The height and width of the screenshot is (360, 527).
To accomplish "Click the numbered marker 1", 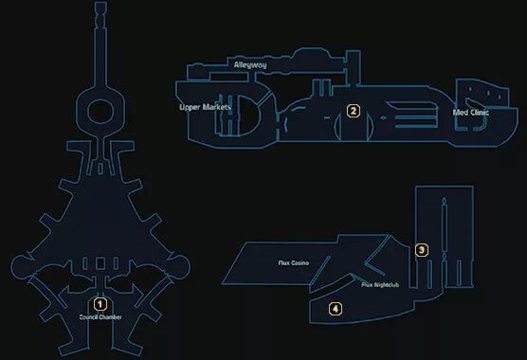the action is coord(100,305).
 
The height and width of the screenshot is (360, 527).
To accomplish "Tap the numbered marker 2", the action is coord(353,111).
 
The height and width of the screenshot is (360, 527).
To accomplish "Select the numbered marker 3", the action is coord(421,250).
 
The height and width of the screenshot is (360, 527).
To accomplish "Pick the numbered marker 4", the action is coord(335,308).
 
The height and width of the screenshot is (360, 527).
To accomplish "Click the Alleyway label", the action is coord(249,64).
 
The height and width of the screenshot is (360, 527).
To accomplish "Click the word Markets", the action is coord(219,107).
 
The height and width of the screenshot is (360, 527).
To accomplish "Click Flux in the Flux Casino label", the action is coord(282,261).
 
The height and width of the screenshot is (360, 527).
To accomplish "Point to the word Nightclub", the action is coord(386,283).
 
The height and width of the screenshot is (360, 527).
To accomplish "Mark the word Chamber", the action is coord(110,316).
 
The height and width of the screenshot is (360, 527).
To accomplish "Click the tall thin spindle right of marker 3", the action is coord(444,242).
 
